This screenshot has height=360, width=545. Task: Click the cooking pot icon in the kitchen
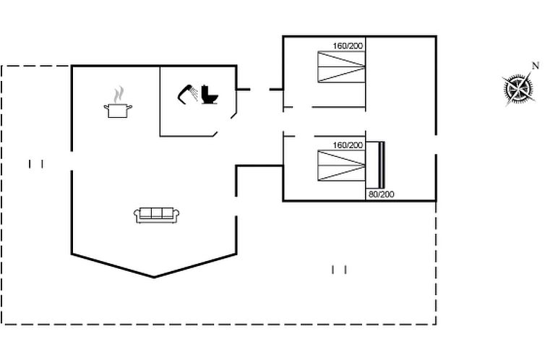(119, 110)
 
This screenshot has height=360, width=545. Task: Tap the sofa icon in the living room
(157, 214)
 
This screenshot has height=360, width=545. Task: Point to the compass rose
(517, 89)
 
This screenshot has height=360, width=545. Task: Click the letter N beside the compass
(535, 66)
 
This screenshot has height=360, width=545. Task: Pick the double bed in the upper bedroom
(340, 67)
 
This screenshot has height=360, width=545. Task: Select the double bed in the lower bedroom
(340, 166)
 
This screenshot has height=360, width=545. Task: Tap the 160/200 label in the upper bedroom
(348, 46)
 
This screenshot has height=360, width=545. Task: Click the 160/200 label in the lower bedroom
(348, 145)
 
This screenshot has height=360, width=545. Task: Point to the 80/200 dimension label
(381, 194)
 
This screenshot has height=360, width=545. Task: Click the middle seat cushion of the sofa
(157, 213)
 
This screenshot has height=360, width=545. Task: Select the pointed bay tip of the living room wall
(154, 276)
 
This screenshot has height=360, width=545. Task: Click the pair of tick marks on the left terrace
(36, 164)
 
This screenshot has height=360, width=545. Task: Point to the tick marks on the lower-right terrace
(340, 270)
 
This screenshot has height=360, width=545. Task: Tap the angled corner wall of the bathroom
(226, 124)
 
